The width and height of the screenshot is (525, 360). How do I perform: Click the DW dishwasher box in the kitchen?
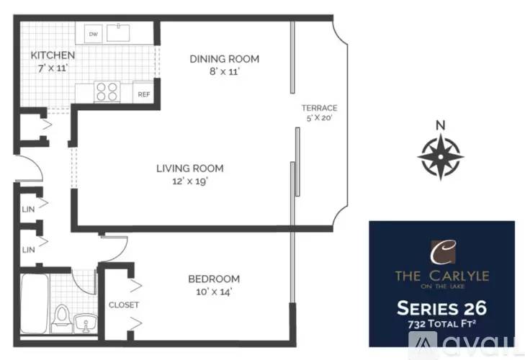point(93,34)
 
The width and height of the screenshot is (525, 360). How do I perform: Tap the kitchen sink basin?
point(118,32)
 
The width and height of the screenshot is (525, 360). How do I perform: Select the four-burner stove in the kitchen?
point(107,91)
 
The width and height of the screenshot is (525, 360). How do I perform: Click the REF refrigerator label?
point(144,94)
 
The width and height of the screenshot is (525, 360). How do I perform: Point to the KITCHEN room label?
point(53,55)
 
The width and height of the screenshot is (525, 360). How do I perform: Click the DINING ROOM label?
point(224,59)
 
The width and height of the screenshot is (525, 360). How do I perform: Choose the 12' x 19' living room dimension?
point(190,181)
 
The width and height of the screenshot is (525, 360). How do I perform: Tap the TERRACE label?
point(319,108)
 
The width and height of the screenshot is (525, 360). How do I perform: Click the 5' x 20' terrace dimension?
point(319,118)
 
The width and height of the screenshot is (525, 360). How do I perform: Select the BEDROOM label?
point(214,279)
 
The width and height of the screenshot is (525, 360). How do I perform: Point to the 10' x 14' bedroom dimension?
point(214,292)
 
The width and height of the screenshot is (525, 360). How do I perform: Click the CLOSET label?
point(124,305)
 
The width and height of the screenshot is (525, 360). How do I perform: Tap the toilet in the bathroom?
point(62,318)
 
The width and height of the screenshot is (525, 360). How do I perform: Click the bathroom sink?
point(86,323)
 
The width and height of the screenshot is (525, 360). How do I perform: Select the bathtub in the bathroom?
point(34,304)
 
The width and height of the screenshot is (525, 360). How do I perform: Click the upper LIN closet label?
point(28,210)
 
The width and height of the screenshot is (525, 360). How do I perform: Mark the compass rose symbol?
point(441,156)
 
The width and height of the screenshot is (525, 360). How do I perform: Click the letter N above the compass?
point(441,125)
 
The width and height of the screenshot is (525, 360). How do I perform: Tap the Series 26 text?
point(441,308)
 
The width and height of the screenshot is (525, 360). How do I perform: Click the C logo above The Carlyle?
point(443,252)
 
